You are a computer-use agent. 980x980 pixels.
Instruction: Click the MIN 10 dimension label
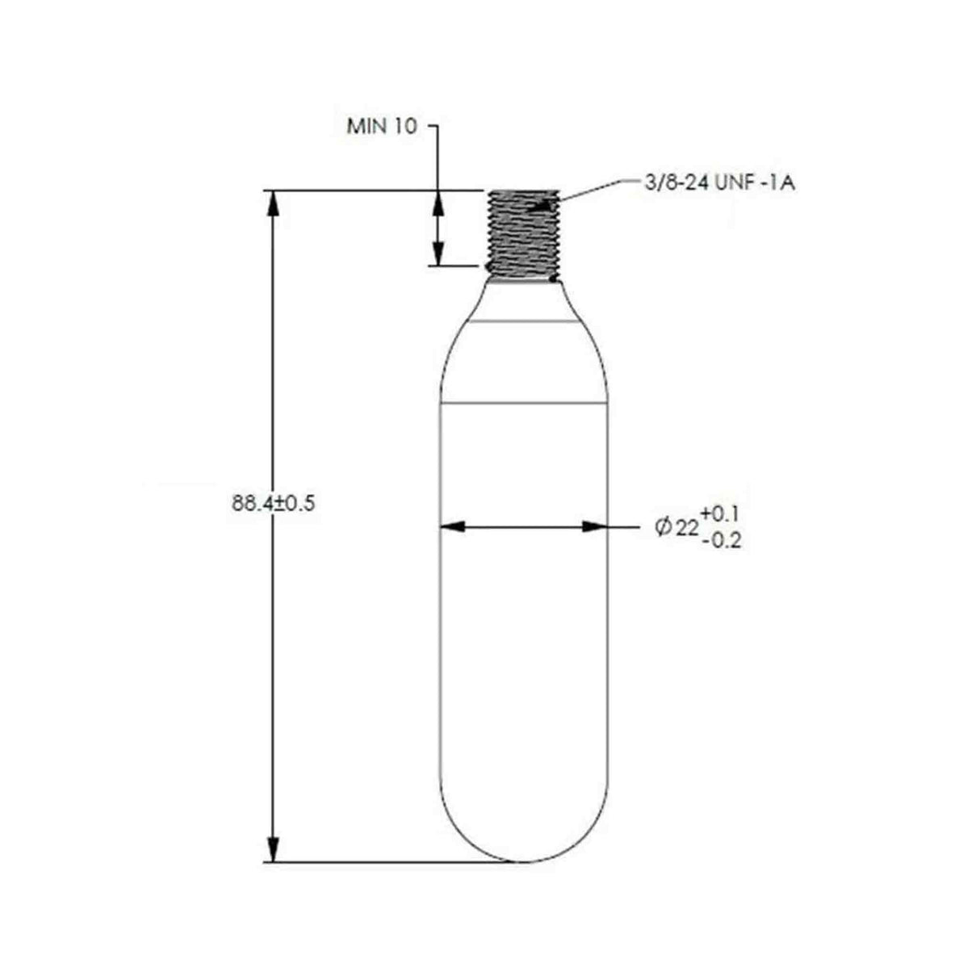[x=382, y=126]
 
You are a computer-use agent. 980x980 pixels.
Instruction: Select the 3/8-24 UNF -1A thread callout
[x=719, y=183]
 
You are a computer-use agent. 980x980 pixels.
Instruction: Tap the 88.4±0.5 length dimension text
[x=274, y=504]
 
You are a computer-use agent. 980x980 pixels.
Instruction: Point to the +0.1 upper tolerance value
[x=720, y=513]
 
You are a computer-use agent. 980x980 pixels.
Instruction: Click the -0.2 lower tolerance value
[x=722, y=541]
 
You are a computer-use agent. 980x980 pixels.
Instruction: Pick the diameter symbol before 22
[x=663, y=528]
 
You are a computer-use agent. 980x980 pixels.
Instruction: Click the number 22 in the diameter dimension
[x=687, y=529]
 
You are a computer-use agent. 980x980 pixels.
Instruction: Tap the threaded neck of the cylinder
[x=523, y=235]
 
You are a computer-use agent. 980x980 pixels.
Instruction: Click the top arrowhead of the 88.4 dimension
[x=273, y=204]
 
